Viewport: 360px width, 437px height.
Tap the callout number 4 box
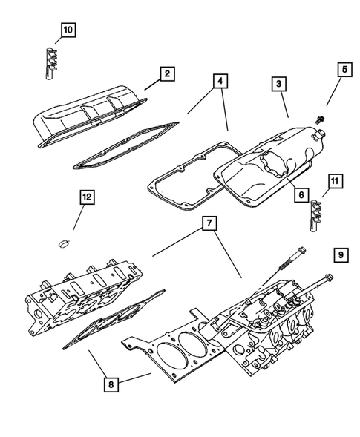[x=220, y=82]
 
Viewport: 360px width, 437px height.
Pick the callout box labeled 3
[x=278, y=85]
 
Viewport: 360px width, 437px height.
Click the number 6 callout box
[x=301, y=194]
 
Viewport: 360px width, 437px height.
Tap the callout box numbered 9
[x=341, y=255]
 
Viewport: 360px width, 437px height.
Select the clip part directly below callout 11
[x=315, y=215]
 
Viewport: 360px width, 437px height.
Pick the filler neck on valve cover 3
[x=321, y=133]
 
